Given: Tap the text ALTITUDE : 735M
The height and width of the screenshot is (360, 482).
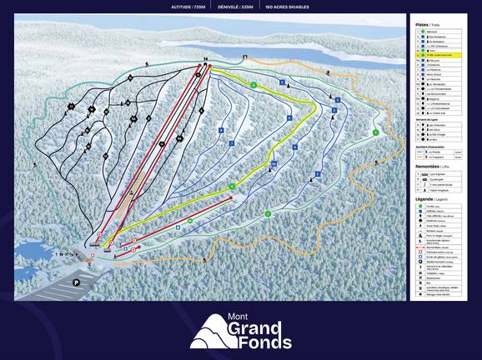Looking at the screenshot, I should coord(188,6).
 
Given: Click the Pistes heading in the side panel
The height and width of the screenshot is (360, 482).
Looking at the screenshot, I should coord(422,24).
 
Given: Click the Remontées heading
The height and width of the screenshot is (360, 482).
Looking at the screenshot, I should coord(429,167).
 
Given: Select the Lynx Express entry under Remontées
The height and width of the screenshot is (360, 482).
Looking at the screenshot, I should coord(438,177).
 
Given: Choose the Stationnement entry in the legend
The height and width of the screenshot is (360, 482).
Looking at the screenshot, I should coord(437,272).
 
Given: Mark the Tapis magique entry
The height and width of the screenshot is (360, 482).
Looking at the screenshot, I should coord(438,193).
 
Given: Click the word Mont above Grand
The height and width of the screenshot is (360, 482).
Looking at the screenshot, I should coord(239,317).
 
